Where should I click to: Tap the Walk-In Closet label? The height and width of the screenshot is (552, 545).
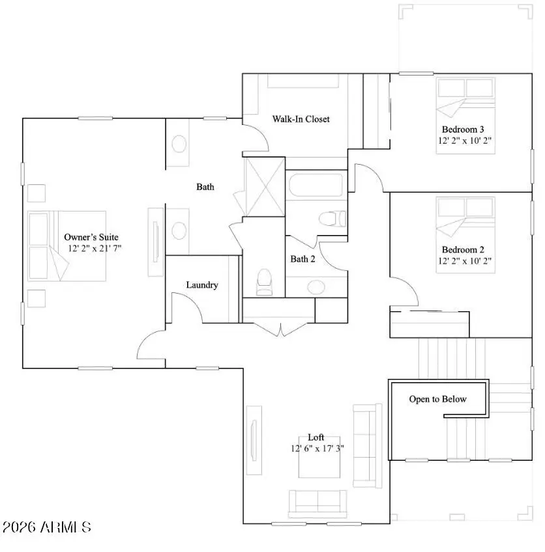301,119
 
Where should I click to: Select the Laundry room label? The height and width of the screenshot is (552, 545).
202,285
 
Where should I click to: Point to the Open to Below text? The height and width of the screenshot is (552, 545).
437,399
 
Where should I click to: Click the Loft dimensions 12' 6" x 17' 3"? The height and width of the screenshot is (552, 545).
317,448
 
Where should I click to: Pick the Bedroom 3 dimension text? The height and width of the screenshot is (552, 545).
465,140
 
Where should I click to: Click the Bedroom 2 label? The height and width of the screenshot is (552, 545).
463,250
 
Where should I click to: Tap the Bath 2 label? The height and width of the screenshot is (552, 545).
303,259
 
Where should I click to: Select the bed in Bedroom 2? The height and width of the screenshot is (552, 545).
465,218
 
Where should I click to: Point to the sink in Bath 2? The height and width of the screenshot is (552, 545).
317,286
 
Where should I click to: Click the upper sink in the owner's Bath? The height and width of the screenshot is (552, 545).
178,144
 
